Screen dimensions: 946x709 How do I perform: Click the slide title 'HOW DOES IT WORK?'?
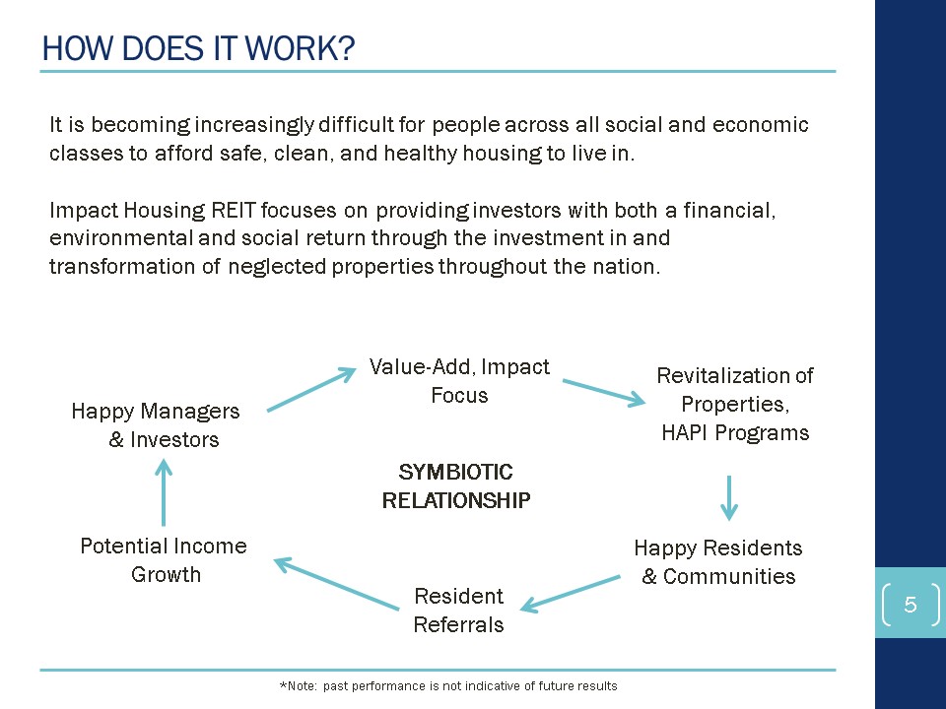click(x=198, y=48)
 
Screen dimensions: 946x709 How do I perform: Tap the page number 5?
click(x=911, y=604)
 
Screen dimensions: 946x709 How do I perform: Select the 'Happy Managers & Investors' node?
click(x=156, y=425)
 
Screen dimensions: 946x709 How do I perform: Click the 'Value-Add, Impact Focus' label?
click(x=459, y=380)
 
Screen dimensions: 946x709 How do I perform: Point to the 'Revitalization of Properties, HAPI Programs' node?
click(x=735, y=404)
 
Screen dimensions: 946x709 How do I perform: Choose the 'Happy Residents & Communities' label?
click(x=718, y=562)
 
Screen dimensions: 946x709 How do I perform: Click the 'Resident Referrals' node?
click(x=458, y=611)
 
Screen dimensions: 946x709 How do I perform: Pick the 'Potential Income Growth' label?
click(x=164, y=560)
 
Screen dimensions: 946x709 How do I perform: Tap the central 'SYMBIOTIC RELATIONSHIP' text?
click(x=456, y=485)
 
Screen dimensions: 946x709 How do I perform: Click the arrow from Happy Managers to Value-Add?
click(x=311, y=390)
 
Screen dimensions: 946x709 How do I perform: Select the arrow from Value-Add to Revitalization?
click(x=604, y=392)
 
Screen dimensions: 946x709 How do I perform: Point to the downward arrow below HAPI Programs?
click(x=729, y=498)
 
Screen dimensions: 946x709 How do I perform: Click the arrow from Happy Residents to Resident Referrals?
click(x=571, y=594)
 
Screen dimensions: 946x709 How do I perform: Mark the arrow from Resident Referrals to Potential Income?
click(x=337, y=584)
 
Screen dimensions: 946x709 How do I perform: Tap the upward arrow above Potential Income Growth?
click(x=164, y=492)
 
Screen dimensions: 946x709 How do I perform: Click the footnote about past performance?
click(x=448, y=686)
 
